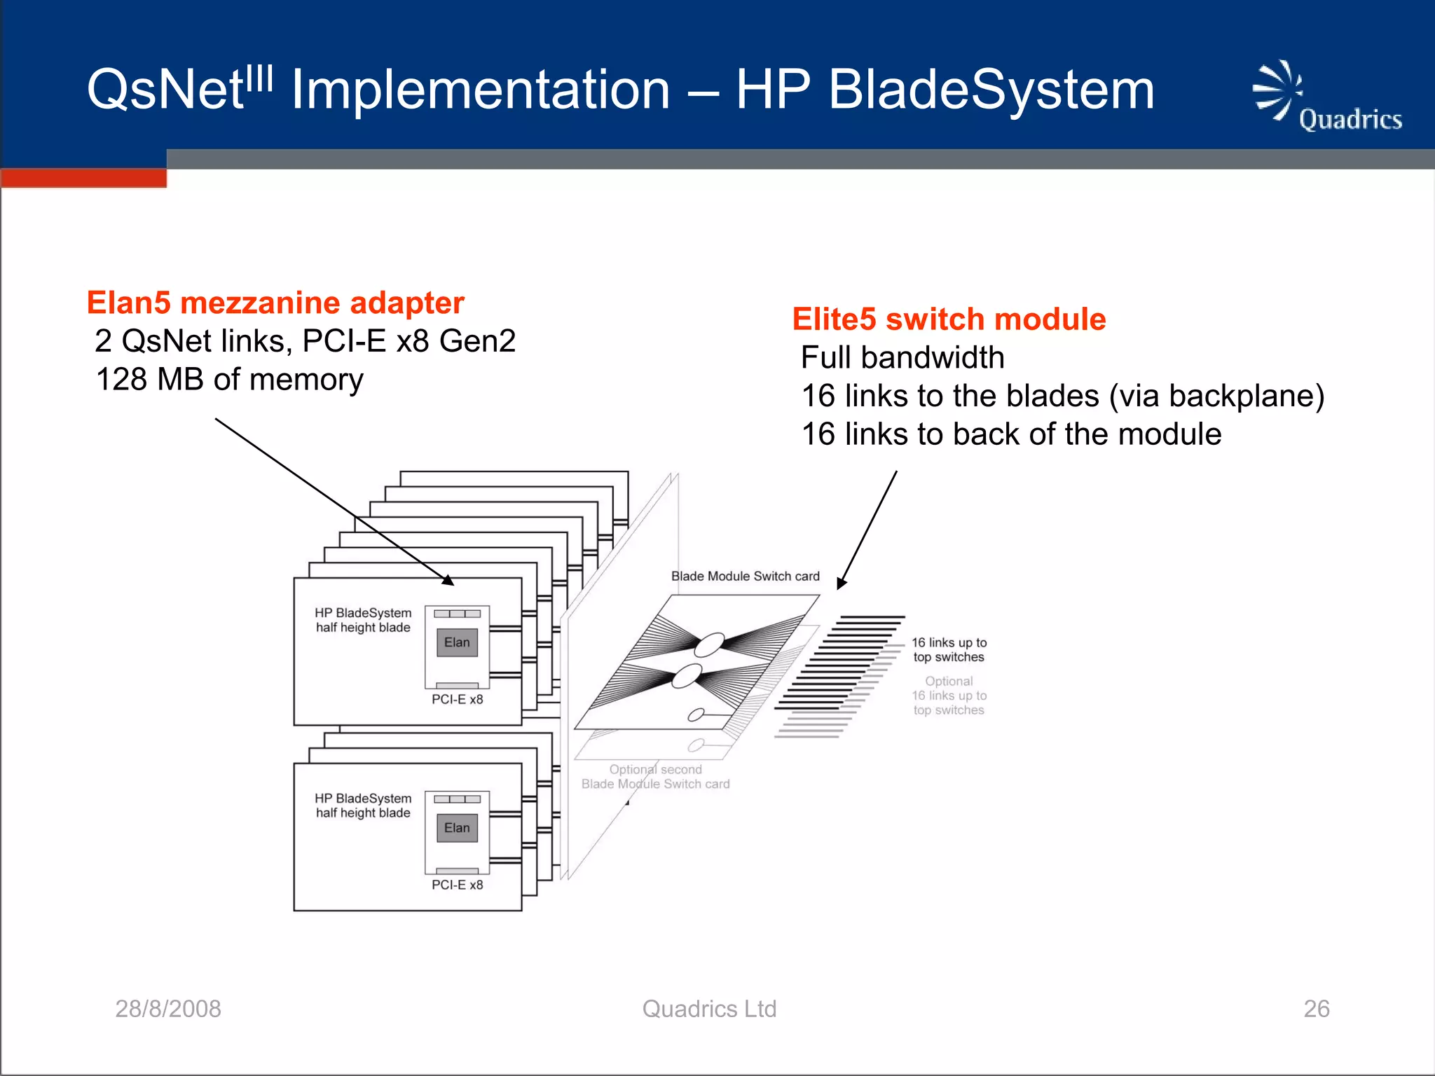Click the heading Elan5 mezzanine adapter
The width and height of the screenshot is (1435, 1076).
pyautogui.click(x=275, y=303)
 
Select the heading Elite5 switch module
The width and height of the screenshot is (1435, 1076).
pyautogui.click(x=949, y=319)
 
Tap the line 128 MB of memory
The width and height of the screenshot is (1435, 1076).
pyautogui.click(x=229, y=380)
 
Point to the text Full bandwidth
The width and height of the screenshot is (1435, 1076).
pyautogui.click(x=902, y=358)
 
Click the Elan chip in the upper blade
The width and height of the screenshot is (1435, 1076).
pyautogui.click(x=457, y=642)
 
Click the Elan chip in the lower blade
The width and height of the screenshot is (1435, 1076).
pyautogui.click(x=457, y=828)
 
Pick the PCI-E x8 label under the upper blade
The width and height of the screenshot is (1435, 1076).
pyautogui.click(x=457, y=700)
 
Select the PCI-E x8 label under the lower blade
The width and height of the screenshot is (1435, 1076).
pyautogui.click(x=457, y=885)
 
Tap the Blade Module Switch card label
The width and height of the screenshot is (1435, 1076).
pyautogui.click(x=745, y=577)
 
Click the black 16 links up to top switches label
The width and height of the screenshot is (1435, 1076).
pyautogui.click(x=949, y=650)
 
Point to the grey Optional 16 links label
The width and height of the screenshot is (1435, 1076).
pyautogui.click(x=949, y=696)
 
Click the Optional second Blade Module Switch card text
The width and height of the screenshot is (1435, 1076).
pyautogui.click(x=655, y=777)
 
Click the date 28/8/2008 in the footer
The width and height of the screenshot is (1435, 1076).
pyautogui.click(x=168, y=1009)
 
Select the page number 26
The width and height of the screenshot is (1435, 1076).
pyautogui.click(x=1316, y=1009)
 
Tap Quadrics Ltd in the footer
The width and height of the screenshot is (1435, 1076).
pyautogui.click(x=709, y=1009)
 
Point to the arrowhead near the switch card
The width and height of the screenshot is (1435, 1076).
pyautogui.click(x=842, y=584)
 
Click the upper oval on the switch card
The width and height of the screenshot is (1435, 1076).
pyautogui.click(x=708, y=644)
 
